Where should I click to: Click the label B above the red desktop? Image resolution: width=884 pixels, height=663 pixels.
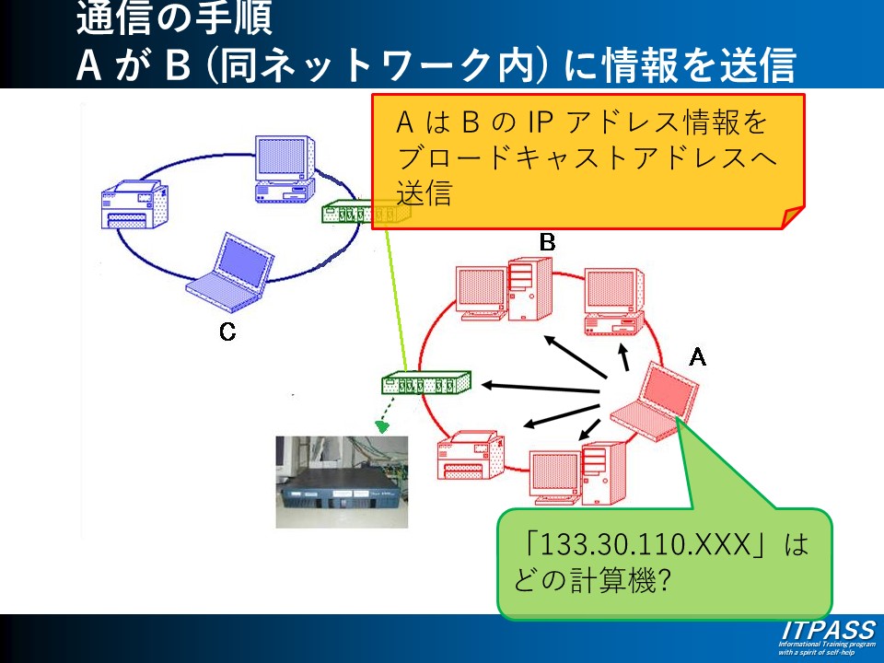(x=547, y=242)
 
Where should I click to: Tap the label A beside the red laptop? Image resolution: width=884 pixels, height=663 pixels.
(x=698, y=356)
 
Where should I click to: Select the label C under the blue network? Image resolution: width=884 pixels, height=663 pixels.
(x=227, y=332)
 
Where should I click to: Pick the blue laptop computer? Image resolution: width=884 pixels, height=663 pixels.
(x=231, y=273)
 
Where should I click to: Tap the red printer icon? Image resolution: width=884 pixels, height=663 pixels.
(x=471, y=456)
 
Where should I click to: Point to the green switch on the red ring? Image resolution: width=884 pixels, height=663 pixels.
(x=426, y=381)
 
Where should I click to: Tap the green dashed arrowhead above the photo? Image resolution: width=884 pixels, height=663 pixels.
(x=382, y=426)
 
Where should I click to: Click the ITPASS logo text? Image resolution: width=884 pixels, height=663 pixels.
(x=828, y=630)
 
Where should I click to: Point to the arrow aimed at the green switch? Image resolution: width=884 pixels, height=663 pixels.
(x=543, y=388)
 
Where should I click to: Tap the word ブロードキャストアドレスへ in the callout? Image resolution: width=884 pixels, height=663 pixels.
(x=587, y=157)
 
